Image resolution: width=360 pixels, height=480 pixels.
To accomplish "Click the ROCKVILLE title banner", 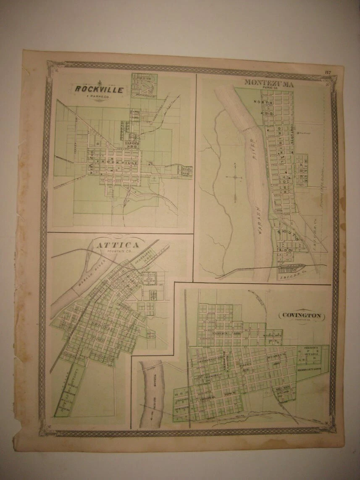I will [x=99, y=89].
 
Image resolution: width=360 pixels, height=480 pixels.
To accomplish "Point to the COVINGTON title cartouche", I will [x=301, y=315].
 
